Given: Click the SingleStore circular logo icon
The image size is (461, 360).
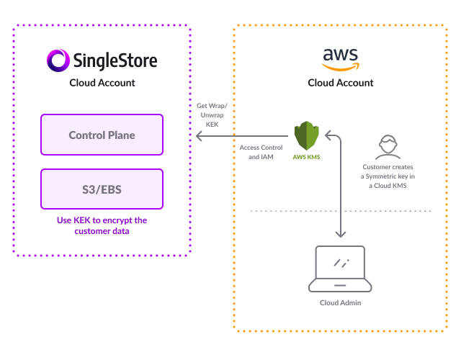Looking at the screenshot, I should [58, 60].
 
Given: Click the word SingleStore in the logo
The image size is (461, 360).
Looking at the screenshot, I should [114, 60].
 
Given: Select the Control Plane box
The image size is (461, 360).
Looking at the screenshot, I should [102, 135].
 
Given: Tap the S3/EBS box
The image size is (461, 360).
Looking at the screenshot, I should [102, 189].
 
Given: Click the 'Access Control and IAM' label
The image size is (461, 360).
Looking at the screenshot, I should [256, 152].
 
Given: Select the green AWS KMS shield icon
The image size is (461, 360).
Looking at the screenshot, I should [306, 135].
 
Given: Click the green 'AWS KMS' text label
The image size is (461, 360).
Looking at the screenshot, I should [307, 156].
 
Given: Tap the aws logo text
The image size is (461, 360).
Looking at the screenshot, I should [340, 55].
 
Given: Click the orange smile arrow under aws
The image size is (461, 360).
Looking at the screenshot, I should [341, 68].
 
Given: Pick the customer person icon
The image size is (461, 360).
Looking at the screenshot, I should [388, 146].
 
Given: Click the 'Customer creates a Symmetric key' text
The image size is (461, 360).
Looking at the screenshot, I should [388, 176].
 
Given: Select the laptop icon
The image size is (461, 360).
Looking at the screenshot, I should [340, 269].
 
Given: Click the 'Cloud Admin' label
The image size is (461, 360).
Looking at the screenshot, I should [340, 302].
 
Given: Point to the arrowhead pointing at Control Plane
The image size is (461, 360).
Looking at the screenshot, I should [197, 135].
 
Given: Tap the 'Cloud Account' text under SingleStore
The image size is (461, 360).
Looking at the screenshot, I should [102, 83].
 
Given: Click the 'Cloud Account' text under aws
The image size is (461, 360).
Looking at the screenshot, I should [341, 83].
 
